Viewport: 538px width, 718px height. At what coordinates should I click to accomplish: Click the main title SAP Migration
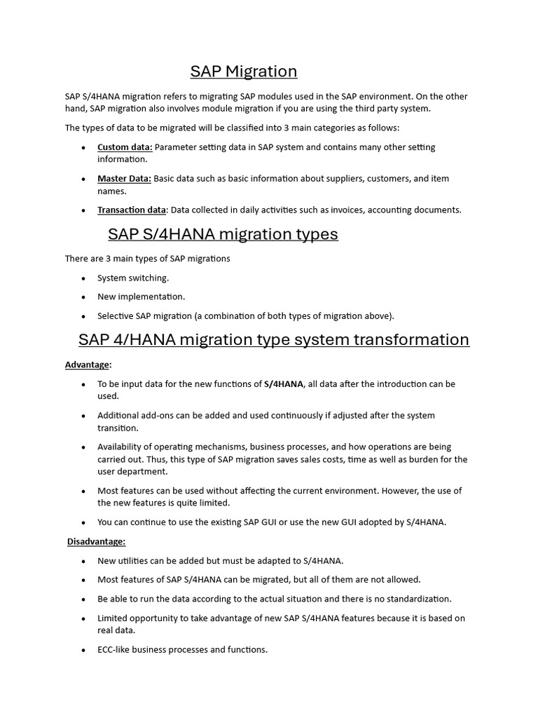[x=244, y=72]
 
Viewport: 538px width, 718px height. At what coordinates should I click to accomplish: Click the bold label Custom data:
[x=125, y=147]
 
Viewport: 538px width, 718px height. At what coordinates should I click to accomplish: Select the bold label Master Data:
[x=124, y=179]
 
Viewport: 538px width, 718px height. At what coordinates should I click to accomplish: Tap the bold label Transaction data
[x=132, y=210]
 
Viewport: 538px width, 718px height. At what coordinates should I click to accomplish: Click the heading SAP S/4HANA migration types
[x=223, y=234]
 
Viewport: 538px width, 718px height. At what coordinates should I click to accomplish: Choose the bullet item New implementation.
[x=141, y=297]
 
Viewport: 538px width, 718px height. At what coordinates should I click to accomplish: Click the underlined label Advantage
[x=88, y=365]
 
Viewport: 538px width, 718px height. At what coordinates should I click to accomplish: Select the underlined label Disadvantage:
[x=97, y=541]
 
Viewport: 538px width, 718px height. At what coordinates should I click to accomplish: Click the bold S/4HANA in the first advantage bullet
[x=284, y=384]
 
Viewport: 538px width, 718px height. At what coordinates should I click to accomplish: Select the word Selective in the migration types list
[x=115, y=316]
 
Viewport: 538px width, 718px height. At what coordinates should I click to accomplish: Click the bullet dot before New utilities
[x=83, y=561]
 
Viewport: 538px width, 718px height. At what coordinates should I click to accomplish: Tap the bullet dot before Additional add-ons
[x=83, y=416]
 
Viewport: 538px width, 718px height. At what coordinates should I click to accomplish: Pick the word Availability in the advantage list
[x=120, y=447]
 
